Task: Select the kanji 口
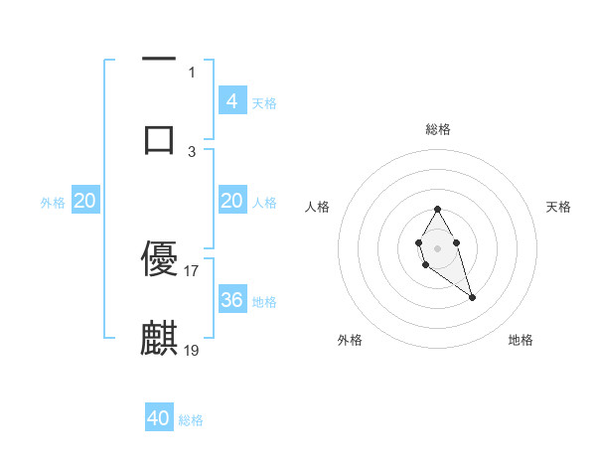159,137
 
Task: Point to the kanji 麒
159,338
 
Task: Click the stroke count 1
192,72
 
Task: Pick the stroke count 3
192,150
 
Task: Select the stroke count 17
192,270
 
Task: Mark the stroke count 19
192,350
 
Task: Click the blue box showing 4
231,100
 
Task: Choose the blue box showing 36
231,299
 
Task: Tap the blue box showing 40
159,418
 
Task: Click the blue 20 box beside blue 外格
85,201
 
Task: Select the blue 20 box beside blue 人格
231,201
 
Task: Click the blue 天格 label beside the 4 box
264,102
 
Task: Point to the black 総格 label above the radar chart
438,129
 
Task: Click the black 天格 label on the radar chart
559,207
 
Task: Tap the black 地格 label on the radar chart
521,340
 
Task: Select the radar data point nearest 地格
472,297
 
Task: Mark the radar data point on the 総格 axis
438,210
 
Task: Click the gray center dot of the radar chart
438,246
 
